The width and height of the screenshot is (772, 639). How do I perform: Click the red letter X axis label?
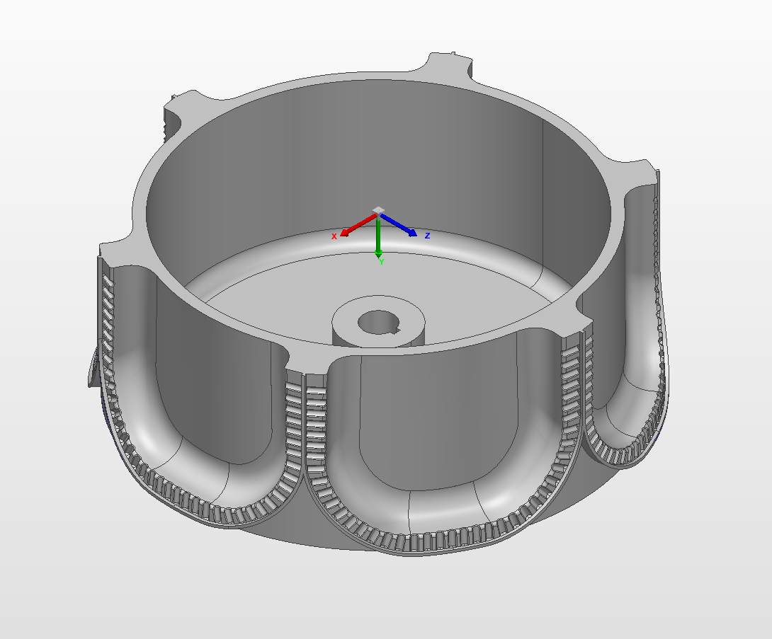tap(334, 236)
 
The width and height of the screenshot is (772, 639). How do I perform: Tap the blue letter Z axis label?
tap(427, 236)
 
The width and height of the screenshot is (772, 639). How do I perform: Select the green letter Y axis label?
tap(382, 262)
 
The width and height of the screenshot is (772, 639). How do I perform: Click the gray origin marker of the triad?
tap(379, 210)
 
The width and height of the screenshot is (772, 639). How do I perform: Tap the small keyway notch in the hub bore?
tap(397, 328)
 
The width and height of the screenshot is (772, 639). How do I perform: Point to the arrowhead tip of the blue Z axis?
tap(416, 234)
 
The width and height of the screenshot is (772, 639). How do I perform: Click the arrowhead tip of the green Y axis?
tap(379, 255)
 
